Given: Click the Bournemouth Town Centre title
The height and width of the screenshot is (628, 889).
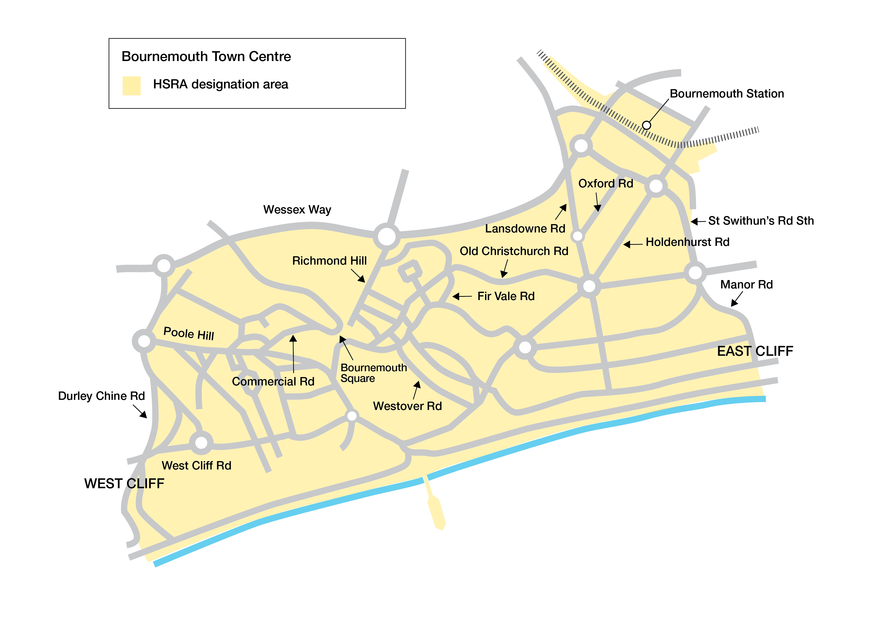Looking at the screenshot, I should point(206,56).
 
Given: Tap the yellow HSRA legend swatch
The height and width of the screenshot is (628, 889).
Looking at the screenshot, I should point(131,86).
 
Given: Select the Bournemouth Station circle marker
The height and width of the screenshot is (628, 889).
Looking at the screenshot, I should point(646,125).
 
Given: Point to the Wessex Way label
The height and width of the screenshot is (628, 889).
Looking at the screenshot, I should point(297,210).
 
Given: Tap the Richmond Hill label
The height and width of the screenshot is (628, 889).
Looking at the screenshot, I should point(329,261).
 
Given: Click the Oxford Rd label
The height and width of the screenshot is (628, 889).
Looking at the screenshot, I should point(606,183).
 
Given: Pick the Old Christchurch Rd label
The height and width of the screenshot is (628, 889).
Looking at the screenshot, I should point(514,251).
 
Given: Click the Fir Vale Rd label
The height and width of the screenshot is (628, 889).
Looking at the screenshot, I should point(506,296).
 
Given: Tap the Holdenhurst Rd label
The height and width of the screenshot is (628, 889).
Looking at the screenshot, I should point(687,242).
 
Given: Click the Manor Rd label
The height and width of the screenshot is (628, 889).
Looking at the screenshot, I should point(746,285).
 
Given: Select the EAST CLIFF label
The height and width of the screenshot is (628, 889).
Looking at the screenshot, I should point(755,351).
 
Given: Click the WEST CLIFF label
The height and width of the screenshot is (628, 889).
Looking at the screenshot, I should point(124,484).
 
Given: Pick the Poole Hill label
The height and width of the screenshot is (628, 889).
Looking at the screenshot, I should point(189,333).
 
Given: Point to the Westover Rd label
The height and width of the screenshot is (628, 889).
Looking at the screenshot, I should point(407,406).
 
